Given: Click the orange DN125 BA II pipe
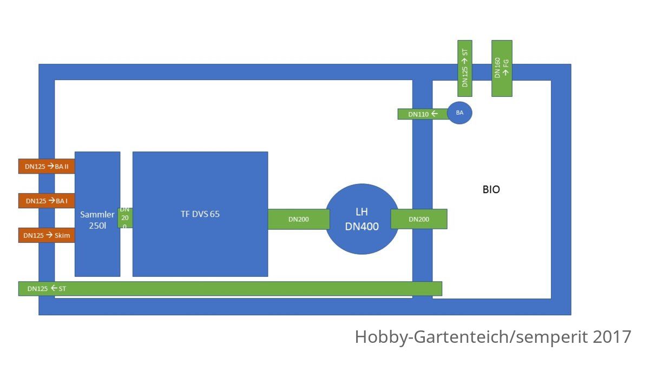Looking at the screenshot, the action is coord(47,166).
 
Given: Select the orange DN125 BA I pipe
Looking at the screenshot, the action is coord(47,201).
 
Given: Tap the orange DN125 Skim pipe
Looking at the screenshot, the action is coord(47,235).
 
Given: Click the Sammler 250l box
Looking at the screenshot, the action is coord(97,214).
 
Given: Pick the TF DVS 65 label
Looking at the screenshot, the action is coord(200,214).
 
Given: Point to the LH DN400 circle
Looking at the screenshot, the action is coord(362,219).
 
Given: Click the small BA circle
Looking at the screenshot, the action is coord(459,113).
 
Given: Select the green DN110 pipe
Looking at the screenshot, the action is coord(423,114).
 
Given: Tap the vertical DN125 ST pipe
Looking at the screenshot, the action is coord(465,68).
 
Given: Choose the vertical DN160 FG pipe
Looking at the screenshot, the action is coord(502,68).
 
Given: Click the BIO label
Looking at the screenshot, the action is coord(491,189).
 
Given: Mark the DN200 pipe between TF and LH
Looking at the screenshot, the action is coord(299,219).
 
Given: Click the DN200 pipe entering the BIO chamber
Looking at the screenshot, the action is coord(419,219).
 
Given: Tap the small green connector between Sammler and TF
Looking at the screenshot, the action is coord(125,218).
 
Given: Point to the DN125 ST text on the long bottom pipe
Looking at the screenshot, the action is coord(47,288).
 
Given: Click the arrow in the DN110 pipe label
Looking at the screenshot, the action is coord(435,114).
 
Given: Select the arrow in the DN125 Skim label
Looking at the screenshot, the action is coord(50,235).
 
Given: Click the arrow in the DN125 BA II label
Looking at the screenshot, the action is coord(51,166).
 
